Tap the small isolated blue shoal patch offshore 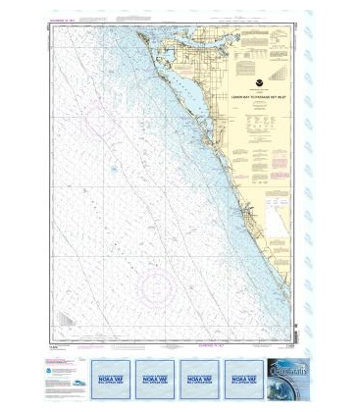(113, 169)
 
